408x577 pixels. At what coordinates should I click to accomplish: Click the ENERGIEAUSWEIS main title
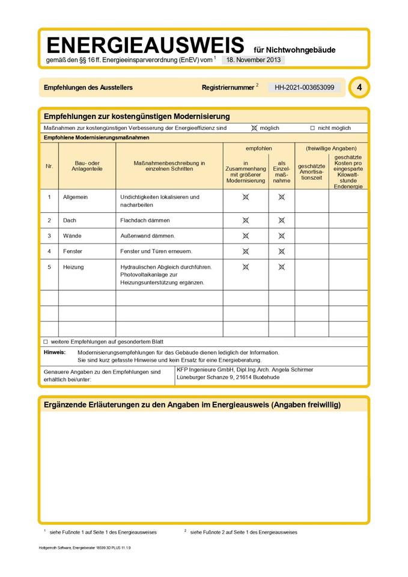tap(145, 46)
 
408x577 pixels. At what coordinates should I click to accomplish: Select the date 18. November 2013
tap(253, 60)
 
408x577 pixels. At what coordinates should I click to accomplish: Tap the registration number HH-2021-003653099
tap(304, 88)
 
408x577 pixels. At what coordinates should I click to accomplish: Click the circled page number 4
tap(359, 88)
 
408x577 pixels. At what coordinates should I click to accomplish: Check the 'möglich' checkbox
tap(254, 128)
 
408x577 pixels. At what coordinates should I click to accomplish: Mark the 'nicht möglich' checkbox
tap(312, 128)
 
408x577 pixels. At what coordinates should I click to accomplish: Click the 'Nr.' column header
tap(49, 165)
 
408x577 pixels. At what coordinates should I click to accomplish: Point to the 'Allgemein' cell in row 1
tap(75, 197)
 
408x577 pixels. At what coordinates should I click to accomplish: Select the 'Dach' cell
tap(70, 221)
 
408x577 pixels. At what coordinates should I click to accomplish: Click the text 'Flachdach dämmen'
tap(145, 221)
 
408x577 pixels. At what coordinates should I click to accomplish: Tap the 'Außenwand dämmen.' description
tap(148, 236)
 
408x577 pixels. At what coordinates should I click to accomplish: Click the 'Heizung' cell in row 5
tap(73, 267)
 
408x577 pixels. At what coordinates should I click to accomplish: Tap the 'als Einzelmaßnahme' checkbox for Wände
tap(281, 236)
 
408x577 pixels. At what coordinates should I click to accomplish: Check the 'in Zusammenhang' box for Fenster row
tap(245, 251)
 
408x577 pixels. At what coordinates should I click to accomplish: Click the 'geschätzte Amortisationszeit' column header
tap(311, 172)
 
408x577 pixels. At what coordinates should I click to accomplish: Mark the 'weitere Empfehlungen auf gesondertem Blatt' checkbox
tap(45, 341)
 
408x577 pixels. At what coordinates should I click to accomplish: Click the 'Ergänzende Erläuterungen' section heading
tap(192, 405)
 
